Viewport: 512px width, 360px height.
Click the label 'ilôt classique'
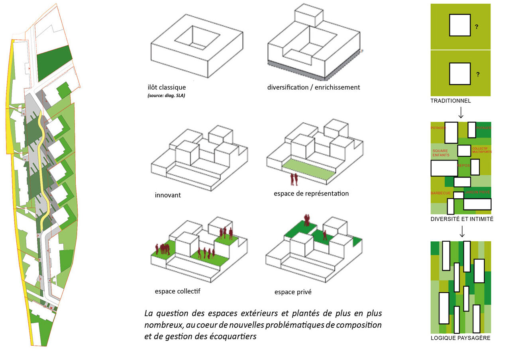(x=166, y=88)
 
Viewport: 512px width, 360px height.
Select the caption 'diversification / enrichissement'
(x=314, y=87)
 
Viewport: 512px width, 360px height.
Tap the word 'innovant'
(x=168, y=196)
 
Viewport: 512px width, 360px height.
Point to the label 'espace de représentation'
(x=311, y=194)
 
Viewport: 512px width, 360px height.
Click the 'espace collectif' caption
(x=177, y=292)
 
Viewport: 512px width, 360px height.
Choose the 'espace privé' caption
(x=293, y=292)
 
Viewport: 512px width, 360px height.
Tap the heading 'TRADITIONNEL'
(x=450, y=101)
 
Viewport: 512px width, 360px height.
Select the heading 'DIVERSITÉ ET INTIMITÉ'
(x=462, y=219)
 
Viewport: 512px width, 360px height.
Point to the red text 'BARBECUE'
(x=440, y=194)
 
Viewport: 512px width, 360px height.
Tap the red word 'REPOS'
(x=463, y=166)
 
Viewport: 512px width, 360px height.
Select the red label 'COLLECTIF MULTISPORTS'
(x=482, y=150)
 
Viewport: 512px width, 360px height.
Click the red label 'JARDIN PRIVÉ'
(x=477, y=192)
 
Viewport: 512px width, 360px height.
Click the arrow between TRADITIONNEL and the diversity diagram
(x=461, y=112)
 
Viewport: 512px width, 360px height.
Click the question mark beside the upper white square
(x=477, y=27)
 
